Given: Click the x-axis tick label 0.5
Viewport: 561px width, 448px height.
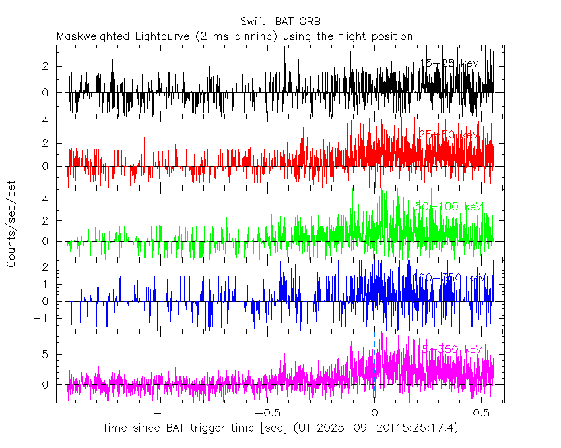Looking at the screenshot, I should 480,412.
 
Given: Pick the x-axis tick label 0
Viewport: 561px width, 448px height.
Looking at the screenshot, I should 374,412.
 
